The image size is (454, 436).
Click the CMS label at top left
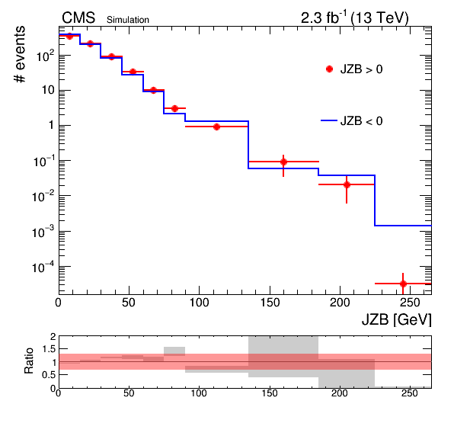click(78, 18)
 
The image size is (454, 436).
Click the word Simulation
click(128, 20)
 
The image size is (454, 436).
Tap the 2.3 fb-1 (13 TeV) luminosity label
click(355, 18)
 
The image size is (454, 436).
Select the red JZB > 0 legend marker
click(329, 69)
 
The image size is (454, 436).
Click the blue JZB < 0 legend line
click(329, 120)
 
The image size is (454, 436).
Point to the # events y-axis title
click(20, 54)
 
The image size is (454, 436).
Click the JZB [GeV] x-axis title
click(396, 320)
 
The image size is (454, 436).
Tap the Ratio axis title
click(29, 361)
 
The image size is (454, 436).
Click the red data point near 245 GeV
click(403, 284)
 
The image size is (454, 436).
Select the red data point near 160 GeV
click(283, 162)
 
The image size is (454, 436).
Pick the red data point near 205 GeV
click(347, 184)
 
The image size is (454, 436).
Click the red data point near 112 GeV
click(216, 127)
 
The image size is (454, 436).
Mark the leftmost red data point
click(69, 37)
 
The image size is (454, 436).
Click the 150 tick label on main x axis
click(270, 303)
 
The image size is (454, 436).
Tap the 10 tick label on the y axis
click(48, 90)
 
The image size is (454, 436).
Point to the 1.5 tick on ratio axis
click(49, 349)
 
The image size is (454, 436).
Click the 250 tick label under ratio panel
click(411, 393)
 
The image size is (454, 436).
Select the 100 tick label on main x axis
click(200, 303)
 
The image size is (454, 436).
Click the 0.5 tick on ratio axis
click(49, 375)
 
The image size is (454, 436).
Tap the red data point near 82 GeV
click(174, 108)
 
